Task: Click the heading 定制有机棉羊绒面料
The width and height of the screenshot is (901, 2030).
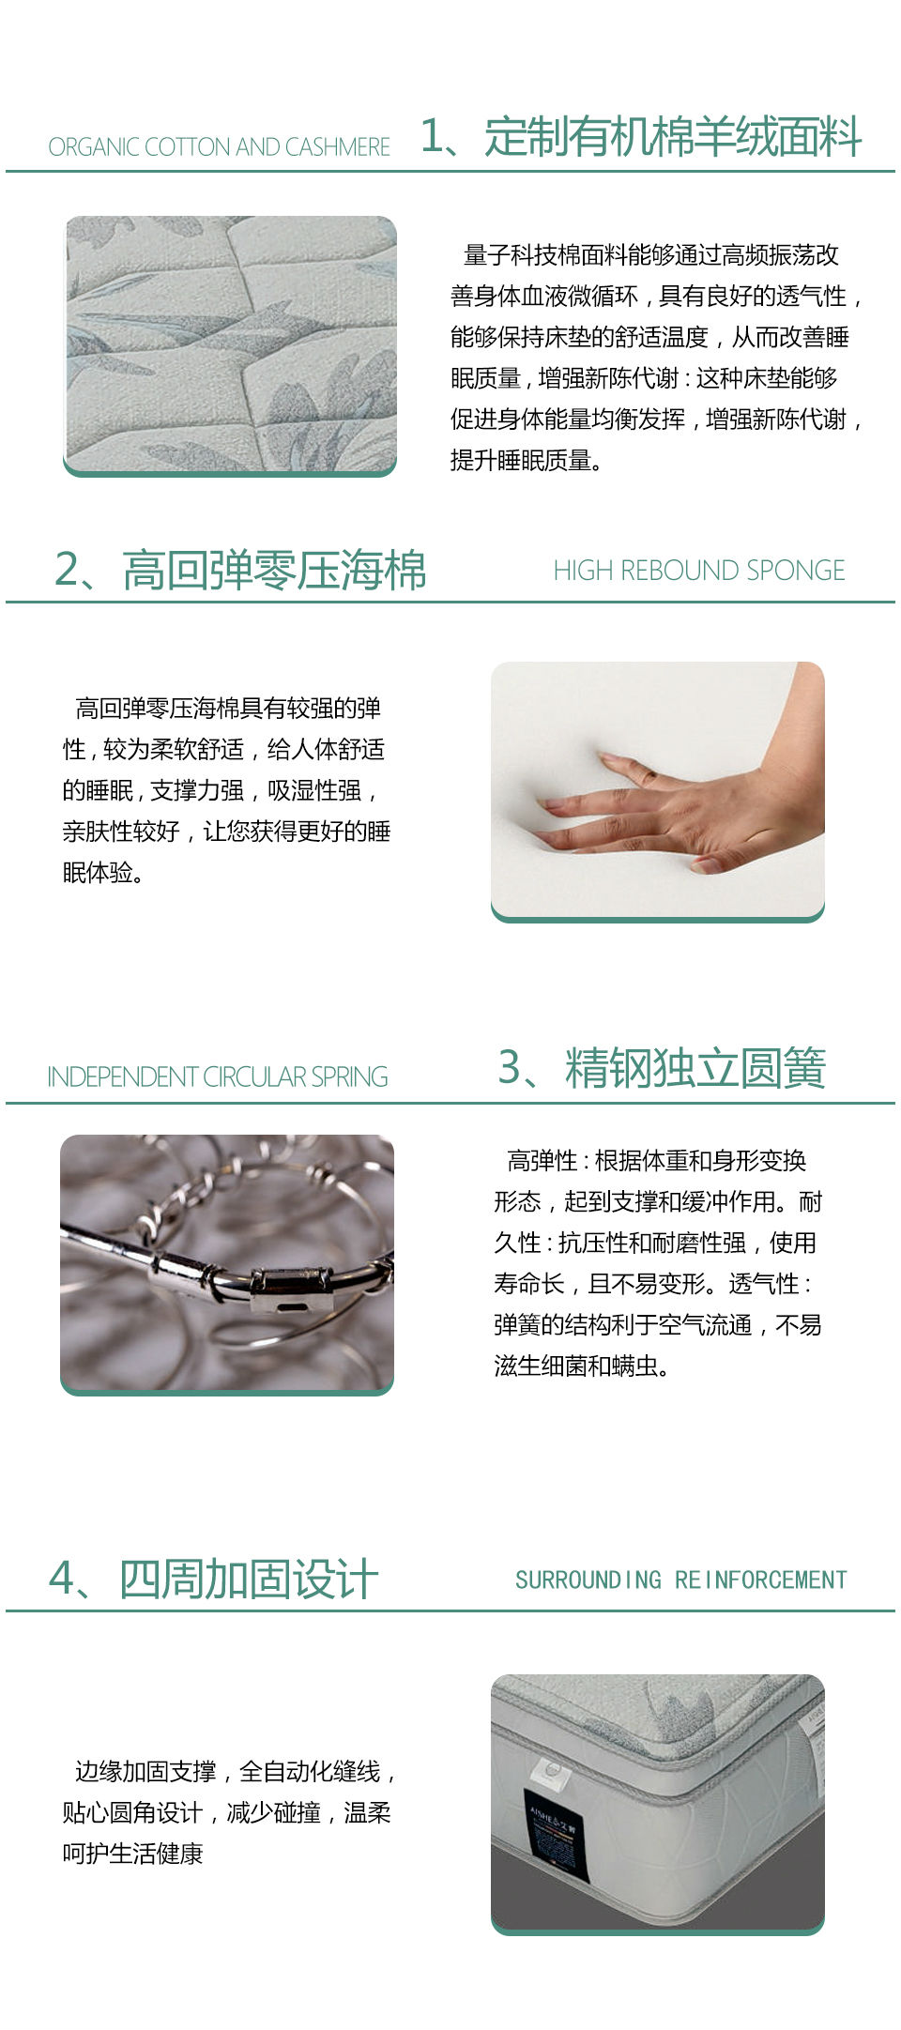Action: [673, 137]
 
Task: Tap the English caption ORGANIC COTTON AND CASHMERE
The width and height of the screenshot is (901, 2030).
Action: [220, 147]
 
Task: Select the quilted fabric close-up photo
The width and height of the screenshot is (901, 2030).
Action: [230, 346]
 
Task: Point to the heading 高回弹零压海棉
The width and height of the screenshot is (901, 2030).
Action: [274, 571]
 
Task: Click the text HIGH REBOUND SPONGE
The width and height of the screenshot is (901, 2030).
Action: [699, 571]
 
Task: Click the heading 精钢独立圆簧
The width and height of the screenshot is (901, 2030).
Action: [695, 1068]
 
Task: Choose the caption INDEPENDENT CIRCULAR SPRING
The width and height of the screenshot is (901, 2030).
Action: [218, 1076]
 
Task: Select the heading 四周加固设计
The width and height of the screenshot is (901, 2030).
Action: [249, 1579]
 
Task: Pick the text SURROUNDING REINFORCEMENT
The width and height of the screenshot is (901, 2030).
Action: [681, 1580]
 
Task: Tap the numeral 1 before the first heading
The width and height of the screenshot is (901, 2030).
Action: [432, 137]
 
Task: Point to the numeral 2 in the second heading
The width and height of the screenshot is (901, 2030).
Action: [68, 571]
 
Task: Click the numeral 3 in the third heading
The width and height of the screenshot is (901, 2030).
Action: [510, 1068]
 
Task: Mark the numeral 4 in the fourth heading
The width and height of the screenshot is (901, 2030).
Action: [62, 1579]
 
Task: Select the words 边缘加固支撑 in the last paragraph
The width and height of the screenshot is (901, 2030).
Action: [145, 1772]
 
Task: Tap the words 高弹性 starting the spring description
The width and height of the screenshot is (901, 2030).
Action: [542, 1161]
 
